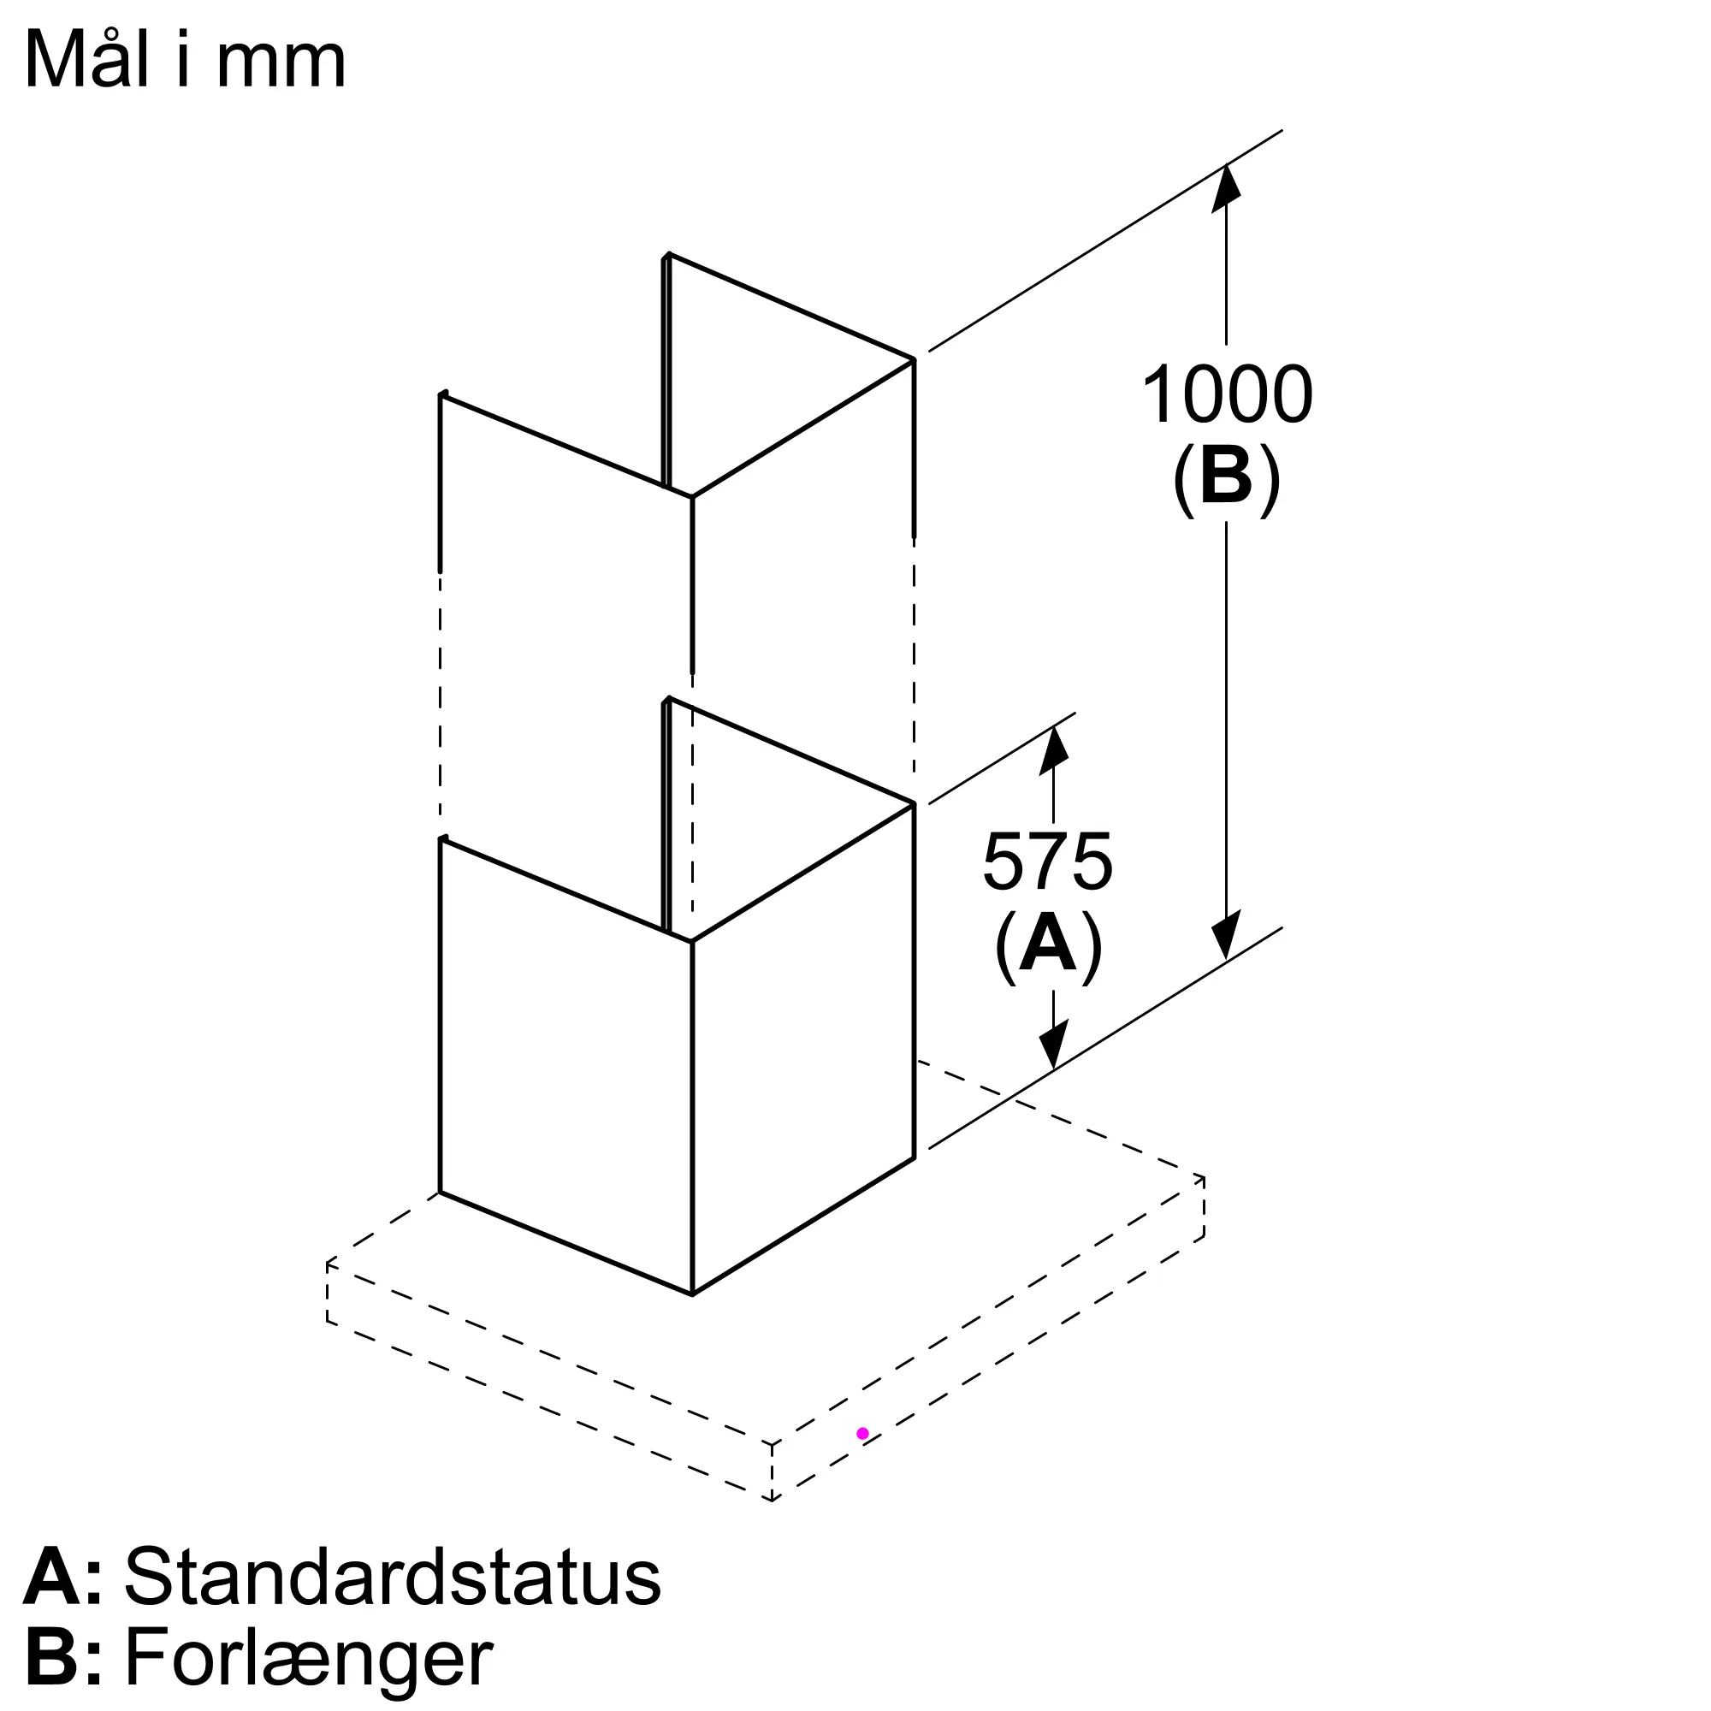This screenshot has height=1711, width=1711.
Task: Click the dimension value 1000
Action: pyautogui.click(x=1227, y=395)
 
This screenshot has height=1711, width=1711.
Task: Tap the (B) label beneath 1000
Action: pyautogui.click(x=1227, y=478)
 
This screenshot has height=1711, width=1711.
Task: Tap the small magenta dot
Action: pyautogui.click(x=862, y=1434)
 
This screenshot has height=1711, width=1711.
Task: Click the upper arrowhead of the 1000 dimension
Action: pyautogui.click(x=1227, y=186)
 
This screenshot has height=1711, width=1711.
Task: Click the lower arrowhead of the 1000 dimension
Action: pyautogui.click(x=1227, y=938)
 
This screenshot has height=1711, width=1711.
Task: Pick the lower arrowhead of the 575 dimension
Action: pyautogui.click(x=1053, y=1046)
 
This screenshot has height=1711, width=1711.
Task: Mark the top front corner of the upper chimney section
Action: pyautogui.click(x=691, y=498)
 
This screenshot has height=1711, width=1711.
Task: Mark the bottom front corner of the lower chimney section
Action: pyautogui.click(x=691, y=1294)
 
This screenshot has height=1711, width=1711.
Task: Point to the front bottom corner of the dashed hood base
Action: pyautogui.click(x=772, y=1501)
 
